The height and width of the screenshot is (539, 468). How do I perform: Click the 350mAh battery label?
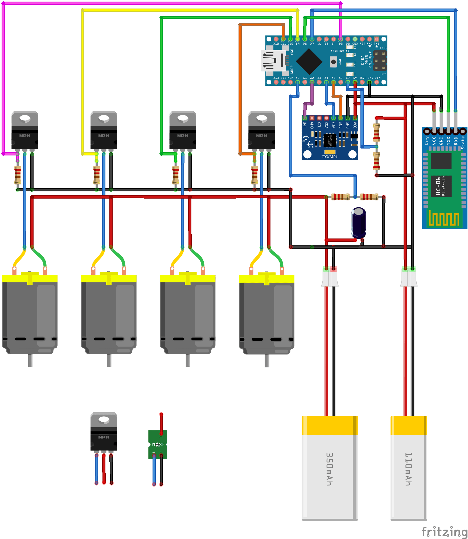click(x=330, y=469)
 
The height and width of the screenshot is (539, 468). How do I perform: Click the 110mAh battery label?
click(x=408, y=469)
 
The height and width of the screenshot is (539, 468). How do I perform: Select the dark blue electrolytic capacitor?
click(x=359, y=223)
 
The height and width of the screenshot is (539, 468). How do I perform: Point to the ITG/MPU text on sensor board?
click(x=330, y=157)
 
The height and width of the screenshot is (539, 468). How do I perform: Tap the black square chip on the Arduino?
click(x=309, y=61)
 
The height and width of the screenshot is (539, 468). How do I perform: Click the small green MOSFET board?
click(x=158, y=444)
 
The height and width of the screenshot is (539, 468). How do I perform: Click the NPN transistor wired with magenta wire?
click(x=25, y=130)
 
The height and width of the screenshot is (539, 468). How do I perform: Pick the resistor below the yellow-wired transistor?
click(x=97, y=175)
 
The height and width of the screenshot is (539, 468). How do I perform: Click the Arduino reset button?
click(x=333, y=62)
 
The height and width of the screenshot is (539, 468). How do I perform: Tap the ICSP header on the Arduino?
click(x=379, y=61)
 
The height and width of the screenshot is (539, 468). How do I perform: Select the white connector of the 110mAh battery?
click(x=409, y=277)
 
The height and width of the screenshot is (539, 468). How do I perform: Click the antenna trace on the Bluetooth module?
click(x=444, y=219)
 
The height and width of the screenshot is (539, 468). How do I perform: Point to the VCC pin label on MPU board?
click(x=355, y=125)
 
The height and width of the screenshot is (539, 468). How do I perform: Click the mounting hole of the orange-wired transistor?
click(x=261, y=118)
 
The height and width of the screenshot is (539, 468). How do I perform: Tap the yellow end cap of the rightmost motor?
click(x=266, y=279)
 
